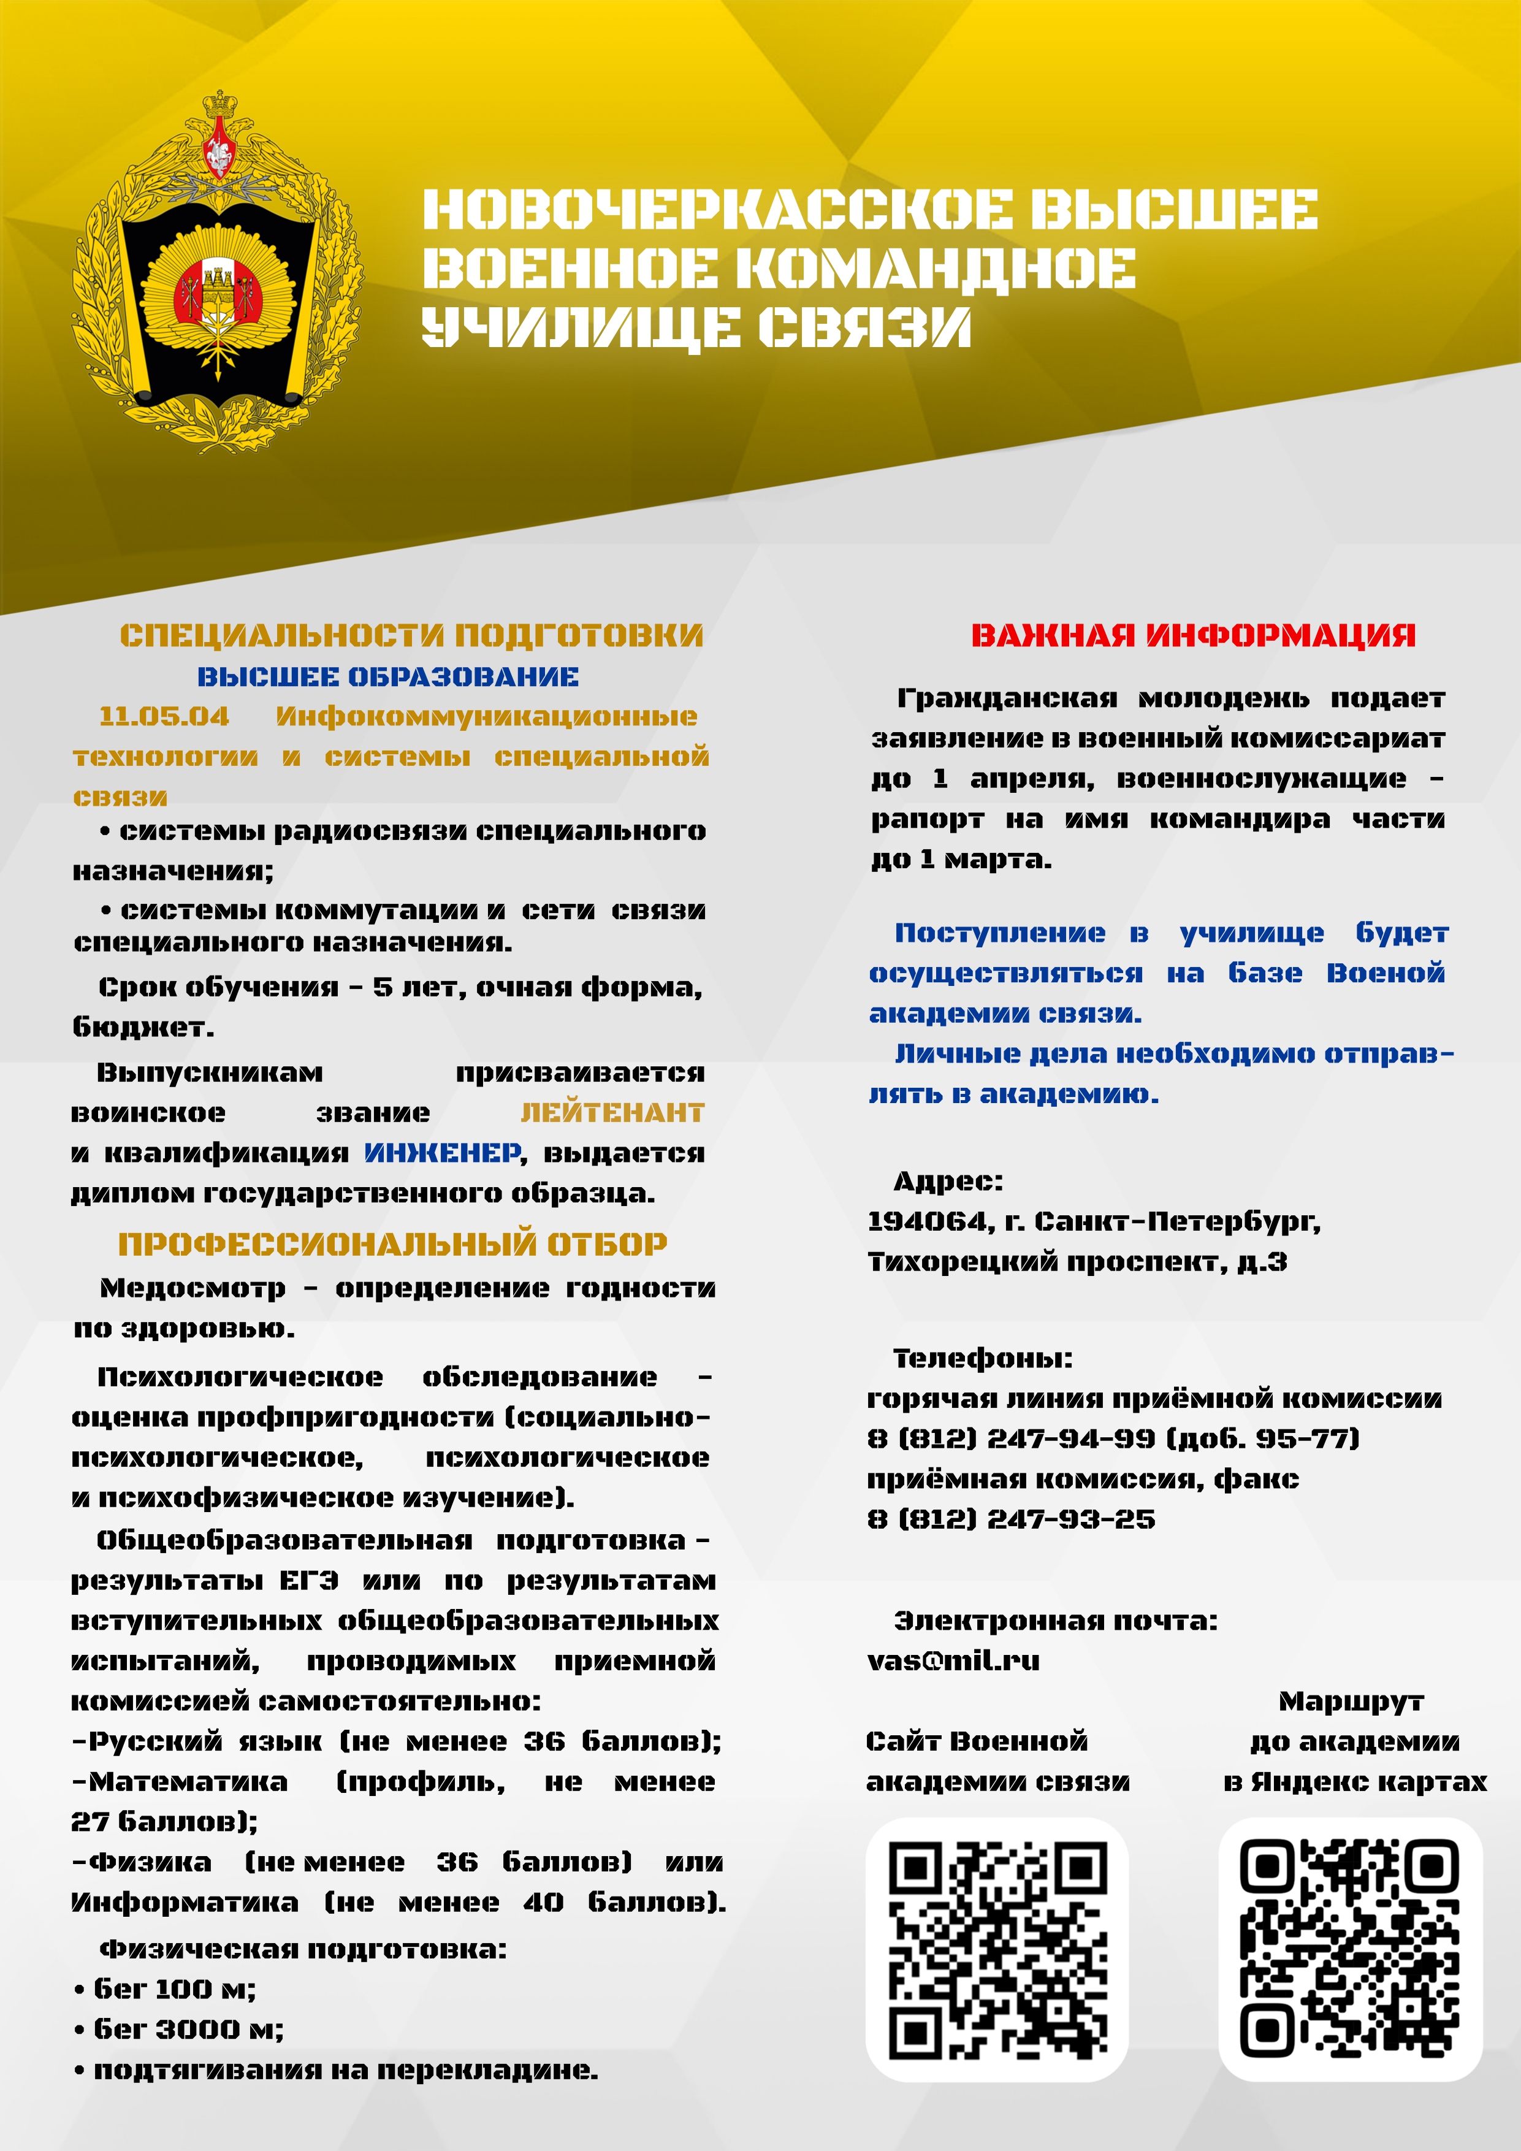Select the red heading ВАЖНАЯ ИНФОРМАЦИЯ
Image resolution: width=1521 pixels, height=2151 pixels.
coord(1192,636)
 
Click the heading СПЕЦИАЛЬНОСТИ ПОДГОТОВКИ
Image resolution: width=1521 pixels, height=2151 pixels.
coord(411,636)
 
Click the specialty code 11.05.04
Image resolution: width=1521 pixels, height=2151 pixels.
coord(164,717)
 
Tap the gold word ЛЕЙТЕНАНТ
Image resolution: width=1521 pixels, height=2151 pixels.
coord(612,1113)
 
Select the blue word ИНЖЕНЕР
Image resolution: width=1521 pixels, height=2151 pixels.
coord(442,1153)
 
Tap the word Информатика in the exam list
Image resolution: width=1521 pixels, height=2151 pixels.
coord(185,1903)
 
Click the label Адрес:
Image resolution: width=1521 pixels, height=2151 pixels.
coord(948,1182)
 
